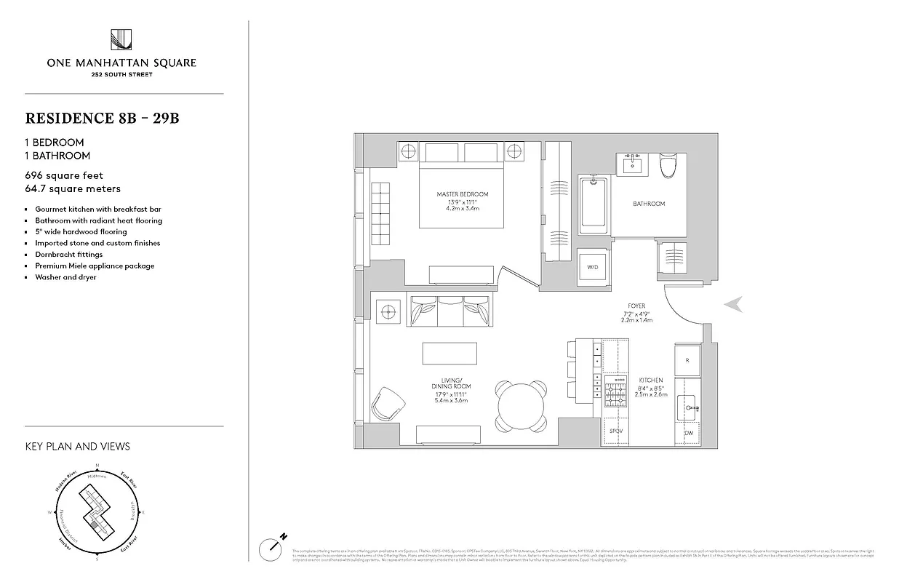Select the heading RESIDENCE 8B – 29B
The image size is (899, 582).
click(102, 118)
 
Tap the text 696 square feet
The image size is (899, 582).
click(64, 175)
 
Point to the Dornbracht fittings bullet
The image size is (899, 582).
click(69, 255)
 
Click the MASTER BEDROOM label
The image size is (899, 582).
click(462, 194)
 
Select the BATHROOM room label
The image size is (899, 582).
click(648, 204)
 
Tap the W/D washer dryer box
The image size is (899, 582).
click(593, 266)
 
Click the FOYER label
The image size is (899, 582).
click(637, 306)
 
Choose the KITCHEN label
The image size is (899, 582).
click(650, 380)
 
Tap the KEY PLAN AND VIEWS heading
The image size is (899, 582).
click(77, 446)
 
